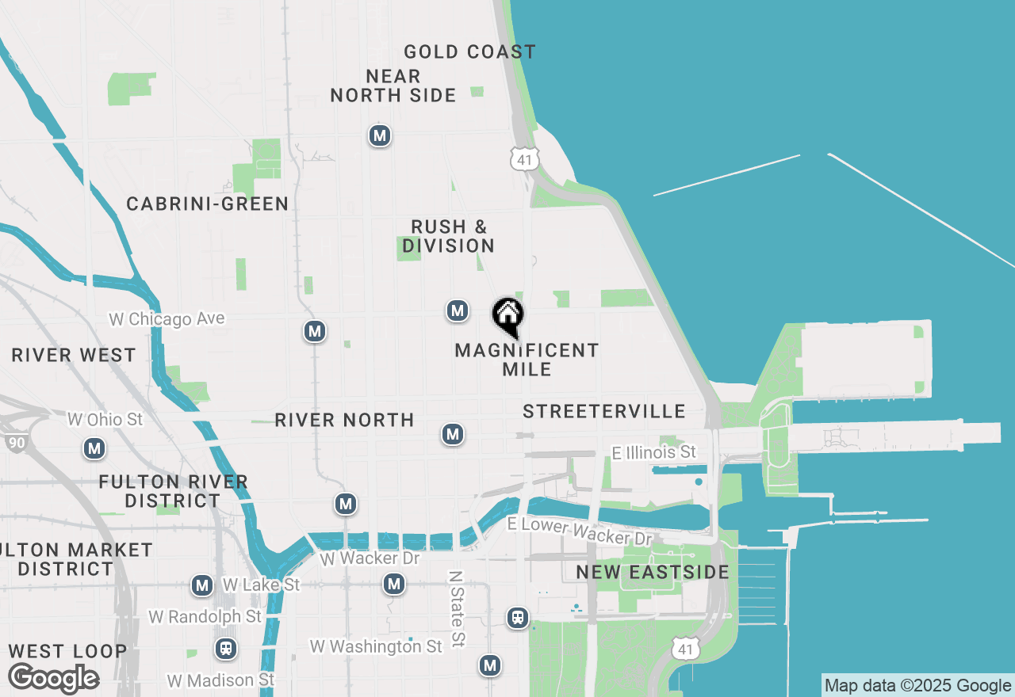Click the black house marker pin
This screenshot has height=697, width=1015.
[508, 316]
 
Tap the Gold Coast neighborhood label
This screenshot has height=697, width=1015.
[469, 52]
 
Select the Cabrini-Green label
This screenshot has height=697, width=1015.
[208, 204]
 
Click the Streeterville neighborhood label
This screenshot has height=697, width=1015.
[604, 411]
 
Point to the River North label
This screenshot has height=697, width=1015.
[344, 420]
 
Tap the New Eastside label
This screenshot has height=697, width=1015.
[653, 572]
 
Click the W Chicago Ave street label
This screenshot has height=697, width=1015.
[167, 319]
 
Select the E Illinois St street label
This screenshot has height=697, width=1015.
[654, 452]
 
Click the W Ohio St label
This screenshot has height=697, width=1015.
[105, 419]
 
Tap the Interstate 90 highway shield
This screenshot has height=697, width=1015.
[15, 442]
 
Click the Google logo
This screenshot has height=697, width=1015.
[53, 679]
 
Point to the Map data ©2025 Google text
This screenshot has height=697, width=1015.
[917, 686]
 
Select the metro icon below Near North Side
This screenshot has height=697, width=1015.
[380, 136]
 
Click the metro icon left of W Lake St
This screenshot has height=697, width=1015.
[202, 586]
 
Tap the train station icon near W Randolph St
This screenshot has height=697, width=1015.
[226, 649]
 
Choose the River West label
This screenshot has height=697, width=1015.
[74, 356]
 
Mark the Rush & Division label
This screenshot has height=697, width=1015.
[448, 237]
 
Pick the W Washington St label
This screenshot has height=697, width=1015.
[376, 647]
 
